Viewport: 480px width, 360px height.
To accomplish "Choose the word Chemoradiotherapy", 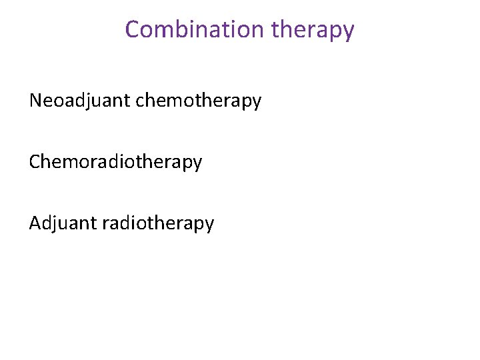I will pyautogui.click(x=115, y=162).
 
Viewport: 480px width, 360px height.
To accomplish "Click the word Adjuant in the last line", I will pyautogui.click(x=63, y=223).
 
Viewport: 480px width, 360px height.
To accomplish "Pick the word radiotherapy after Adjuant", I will pyautogui.click(x=159, y=223).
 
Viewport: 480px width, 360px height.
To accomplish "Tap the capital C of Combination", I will pyautogui.click(x=132, y=29).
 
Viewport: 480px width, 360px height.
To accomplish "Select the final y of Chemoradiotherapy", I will pyautogui.click(x=197, y=164).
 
